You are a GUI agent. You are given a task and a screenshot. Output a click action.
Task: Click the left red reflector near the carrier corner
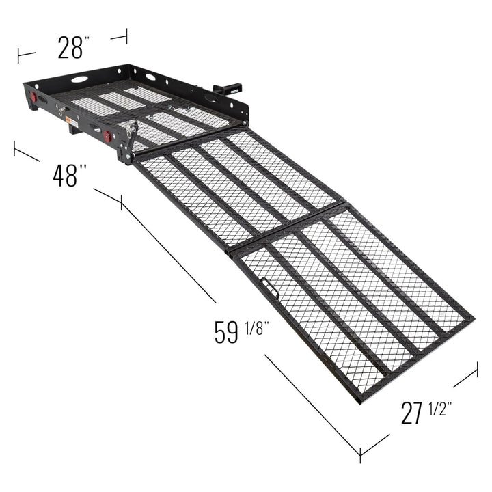33,98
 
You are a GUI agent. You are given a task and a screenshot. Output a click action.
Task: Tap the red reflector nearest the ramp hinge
107,136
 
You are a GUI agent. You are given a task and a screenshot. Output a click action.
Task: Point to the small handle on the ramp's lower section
271,290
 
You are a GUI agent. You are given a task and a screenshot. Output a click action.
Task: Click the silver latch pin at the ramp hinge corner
129,128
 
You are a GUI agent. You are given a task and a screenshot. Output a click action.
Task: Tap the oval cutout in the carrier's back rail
80,79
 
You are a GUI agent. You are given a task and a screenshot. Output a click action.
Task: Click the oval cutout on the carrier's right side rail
210,99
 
